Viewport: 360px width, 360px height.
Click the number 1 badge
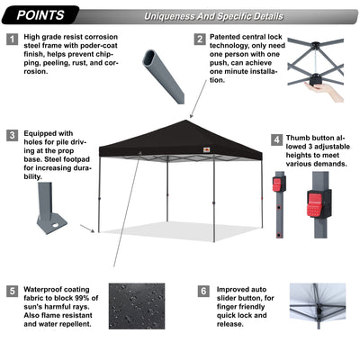[x=12, y=40]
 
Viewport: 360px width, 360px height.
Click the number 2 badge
[x=200, y=40]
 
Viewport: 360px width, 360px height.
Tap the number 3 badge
[x=12, y=136]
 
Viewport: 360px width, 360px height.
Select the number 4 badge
[x=277, y=140]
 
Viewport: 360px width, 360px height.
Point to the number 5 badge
[x=12, y=292]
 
